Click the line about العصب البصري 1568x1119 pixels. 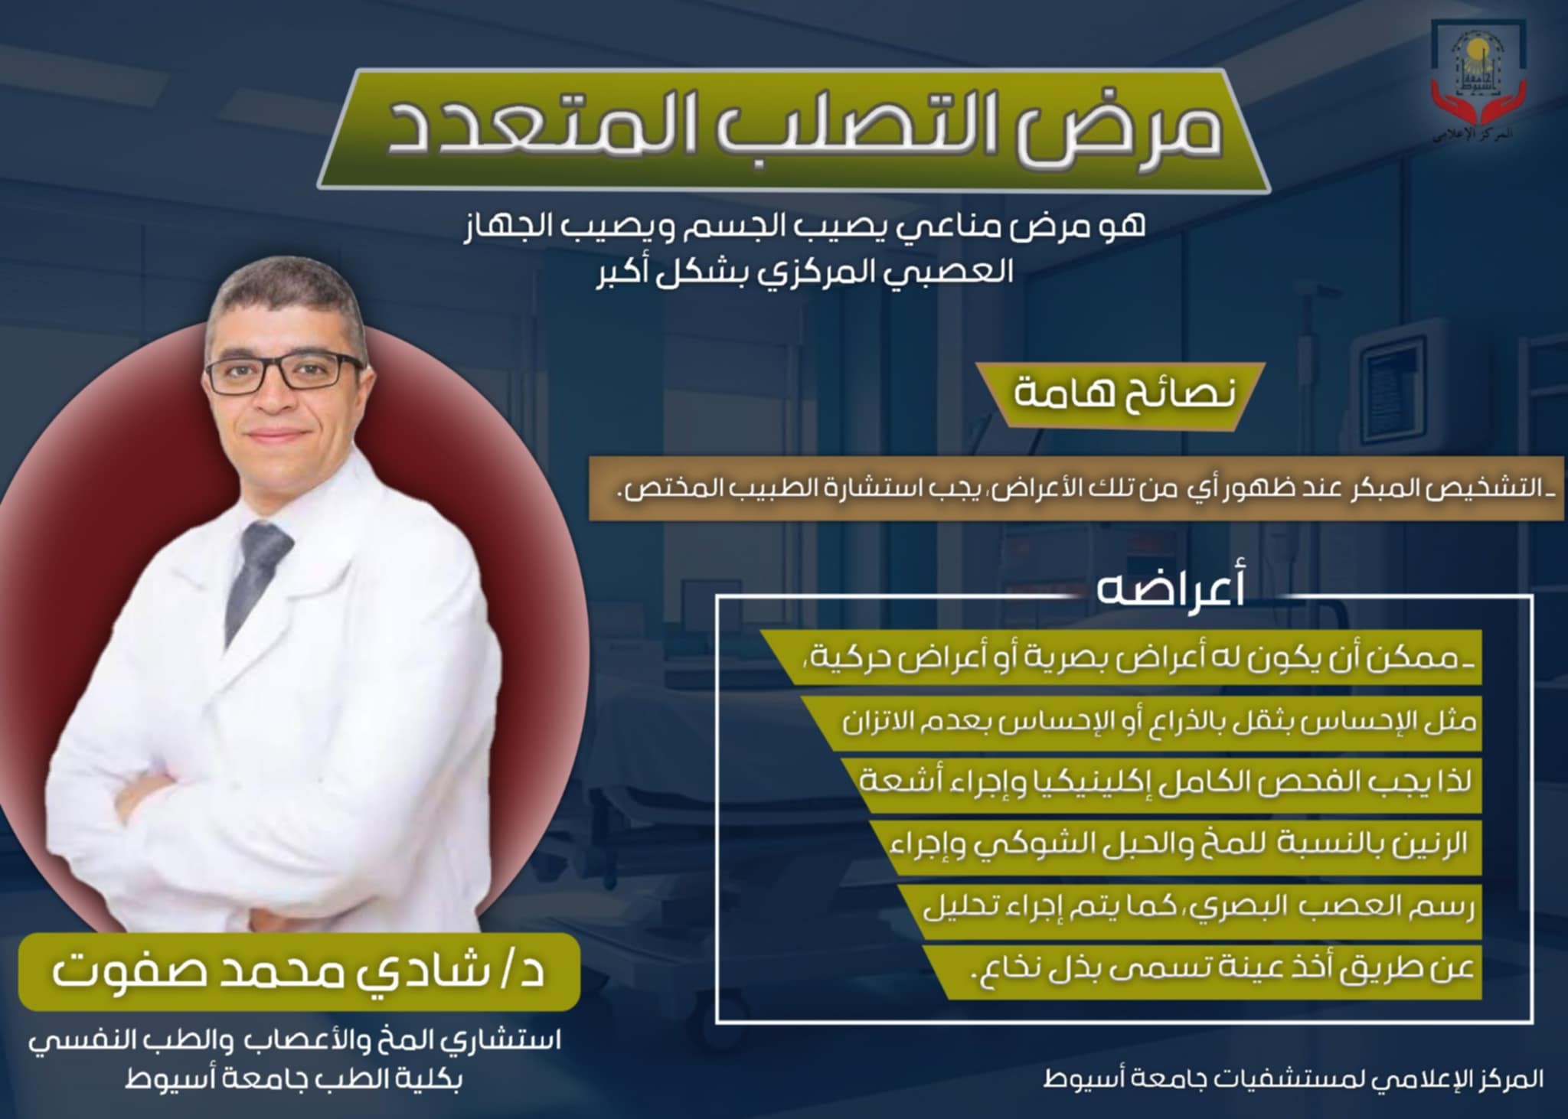[1197, 909]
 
